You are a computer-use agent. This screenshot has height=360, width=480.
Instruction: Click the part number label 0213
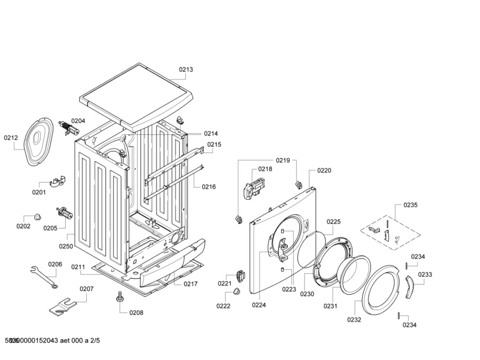click(186, 70)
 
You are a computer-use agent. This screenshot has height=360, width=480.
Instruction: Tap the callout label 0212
click(11, 137)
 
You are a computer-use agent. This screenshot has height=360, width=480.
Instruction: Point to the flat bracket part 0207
click(62, 306)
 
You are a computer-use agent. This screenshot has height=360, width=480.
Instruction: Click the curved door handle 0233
click(410, 287)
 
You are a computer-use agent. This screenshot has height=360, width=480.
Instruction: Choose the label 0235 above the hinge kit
click(410, 205)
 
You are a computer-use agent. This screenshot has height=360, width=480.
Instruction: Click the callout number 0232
click(354, 320)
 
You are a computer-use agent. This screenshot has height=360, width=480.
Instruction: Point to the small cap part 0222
click(233, 293)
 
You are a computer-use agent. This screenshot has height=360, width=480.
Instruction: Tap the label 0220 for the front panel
click(324, 171)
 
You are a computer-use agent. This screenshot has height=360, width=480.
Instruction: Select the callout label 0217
click(190, 283)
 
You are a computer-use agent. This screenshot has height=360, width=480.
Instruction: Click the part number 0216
click(209, 187)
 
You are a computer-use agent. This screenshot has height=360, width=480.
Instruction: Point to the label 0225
click(334, 222)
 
